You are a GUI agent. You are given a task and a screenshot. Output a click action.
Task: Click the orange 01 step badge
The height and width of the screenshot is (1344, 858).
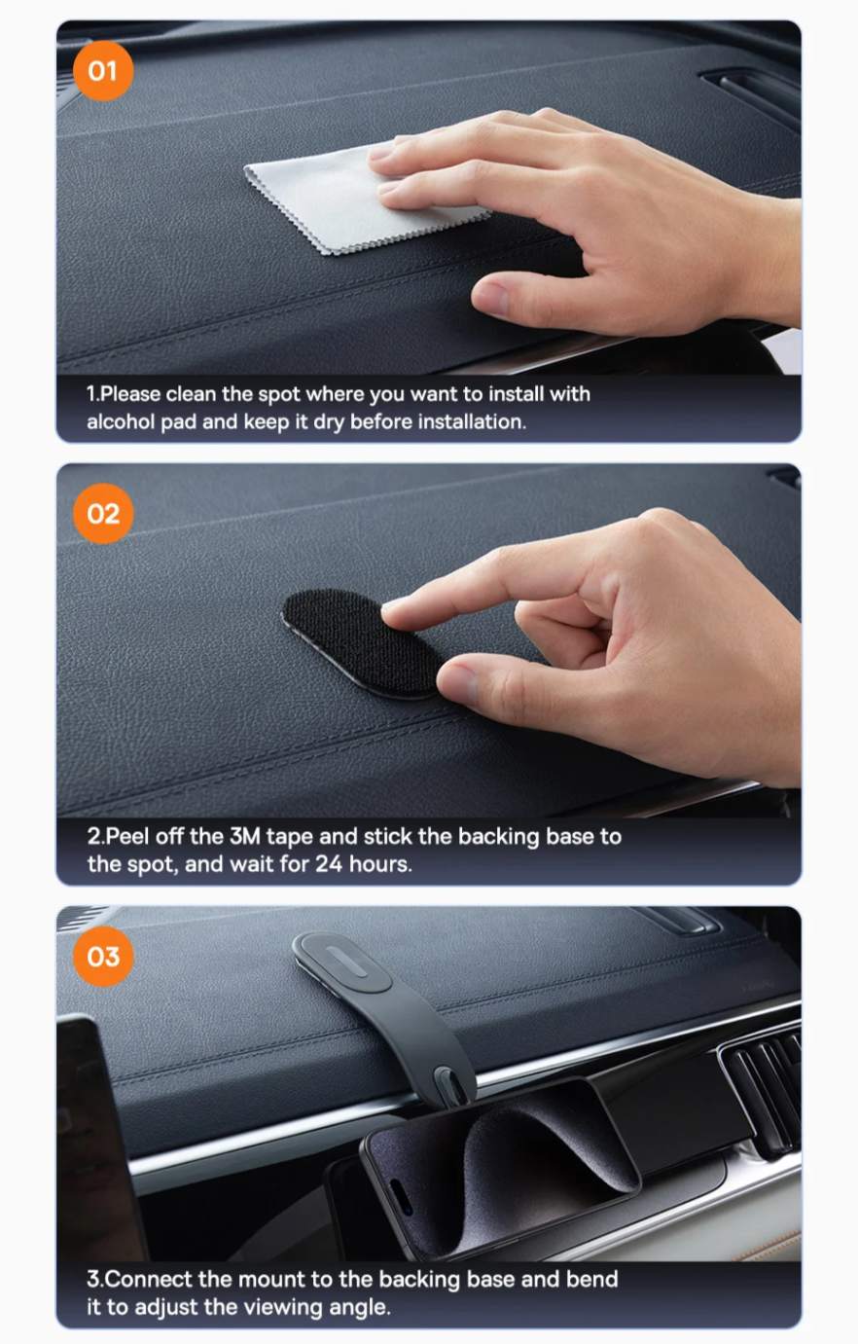tap(102, 71)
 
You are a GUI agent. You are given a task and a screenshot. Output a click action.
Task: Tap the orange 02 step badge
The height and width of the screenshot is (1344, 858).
tap(102, 514)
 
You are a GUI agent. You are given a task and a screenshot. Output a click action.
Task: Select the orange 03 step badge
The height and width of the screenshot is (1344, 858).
tap(102, 957)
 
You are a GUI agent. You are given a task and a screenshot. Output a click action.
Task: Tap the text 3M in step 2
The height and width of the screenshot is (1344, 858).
tap(245, 836)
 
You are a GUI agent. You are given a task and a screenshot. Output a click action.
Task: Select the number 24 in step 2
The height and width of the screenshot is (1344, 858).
tap(329, 864)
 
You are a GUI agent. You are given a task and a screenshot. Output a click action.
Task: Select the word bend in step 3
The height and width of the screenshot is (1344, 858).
tap(591, 1279)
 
